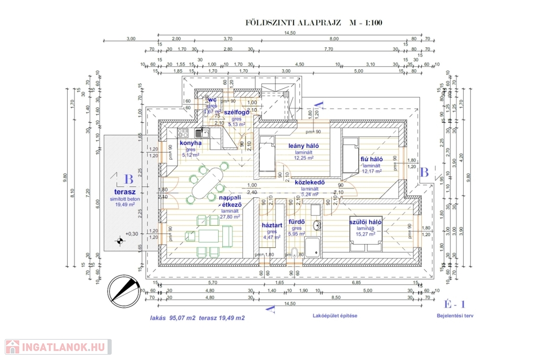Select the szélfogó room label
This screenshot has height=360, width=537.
(236, 112)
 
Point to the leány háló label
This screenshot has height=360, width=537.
(304, 146)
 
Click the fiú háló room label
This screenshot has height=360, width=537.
(371, 159)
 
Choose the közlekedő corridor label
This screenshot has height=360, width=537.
(309, 183)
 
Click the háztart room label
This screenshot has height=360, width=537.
(272, 225)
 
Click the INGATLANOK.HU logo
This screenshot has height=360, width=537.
(58, 347)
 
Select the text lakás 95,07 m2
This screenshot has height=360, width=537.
(173, 317)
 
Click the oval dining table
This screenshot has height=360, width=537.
(205, 184)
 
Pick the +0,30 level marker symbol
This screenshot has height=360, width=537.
(121, 241)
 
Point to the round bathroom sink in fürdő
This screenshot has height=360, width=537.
(317, 226)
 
